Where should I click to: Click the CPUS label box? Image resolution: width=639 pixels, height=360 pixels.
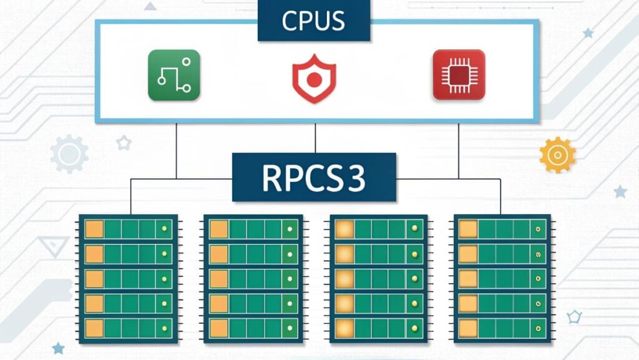point(313,21)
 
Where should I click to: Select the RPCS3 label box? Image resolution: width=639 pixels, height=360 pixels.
point(314,177)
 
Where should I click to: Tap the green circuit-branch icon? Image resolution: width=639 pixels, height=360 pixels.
point(174,75)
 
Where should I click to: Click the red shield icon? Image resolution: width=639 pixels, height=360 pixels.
point(314,79)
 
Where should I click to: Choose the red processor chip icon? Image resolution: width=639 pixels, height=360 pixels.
point(459,75)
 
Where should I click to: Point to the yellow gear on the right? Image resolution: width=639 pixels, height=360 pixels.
point(557,154)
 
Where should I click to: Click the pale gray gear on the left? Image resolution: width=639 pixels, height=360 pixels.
point(69,153)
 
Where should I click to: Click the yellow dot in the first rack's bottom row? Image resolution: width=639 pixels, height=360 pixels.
point(165,328)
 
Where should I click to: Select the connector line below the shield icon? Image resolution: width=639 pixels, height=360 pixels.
point(315,138)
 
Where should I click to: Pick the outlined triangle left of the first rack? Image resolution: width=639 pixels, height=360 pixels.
point(53,246)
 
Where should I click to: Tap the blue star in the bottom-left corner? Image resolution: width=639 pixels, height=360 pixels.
point(58,348)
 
